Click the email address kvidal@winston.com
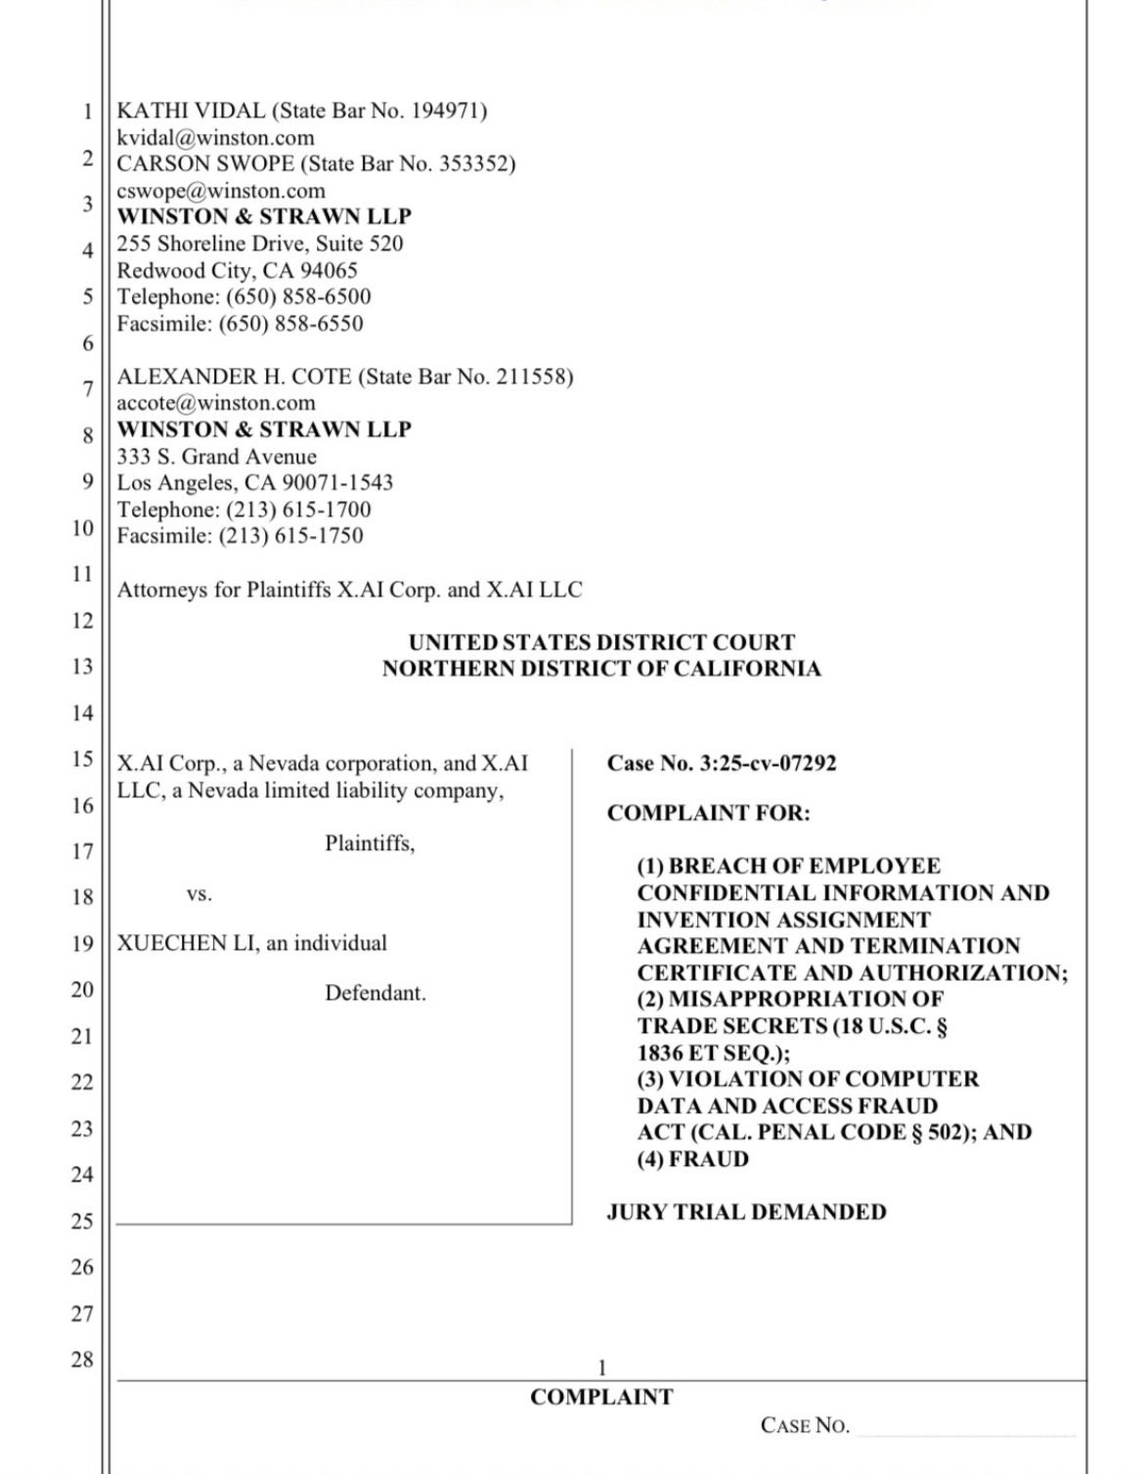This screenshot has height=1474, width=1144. [215, 138]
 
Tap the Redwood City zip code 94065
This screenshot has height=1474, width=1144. [329, 270]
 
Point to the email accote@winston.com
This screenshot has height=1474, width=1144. [216, 403]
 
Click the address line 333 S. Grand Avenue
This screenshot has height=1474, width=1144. [217, 457]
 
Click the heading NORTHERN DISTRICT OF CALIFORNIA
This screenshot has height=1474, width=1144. [601, 669]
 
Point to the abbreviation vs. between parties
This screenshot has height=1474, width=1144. [199, 894]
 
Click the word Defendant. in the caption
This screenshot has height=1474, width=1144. [375, 993]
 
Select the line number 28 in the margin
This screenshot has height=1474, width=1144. [82, 1359]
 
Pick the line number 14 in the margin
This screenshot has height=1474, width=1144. [82, 713]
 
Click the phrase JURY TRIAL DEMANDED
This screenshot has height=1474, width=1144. [746, 1212]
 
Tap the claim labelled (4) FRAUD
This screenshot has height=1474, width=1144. [693, 1159]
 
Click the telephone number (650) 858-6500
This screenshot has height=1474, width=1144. [298, 296]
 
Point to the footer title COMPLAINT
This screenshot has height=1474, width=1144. [601, 1397]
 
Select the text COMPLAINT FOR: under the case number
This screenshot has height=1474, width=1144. [708, 813]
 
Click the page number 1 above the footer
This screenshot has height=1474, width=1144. [602, 1367]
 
